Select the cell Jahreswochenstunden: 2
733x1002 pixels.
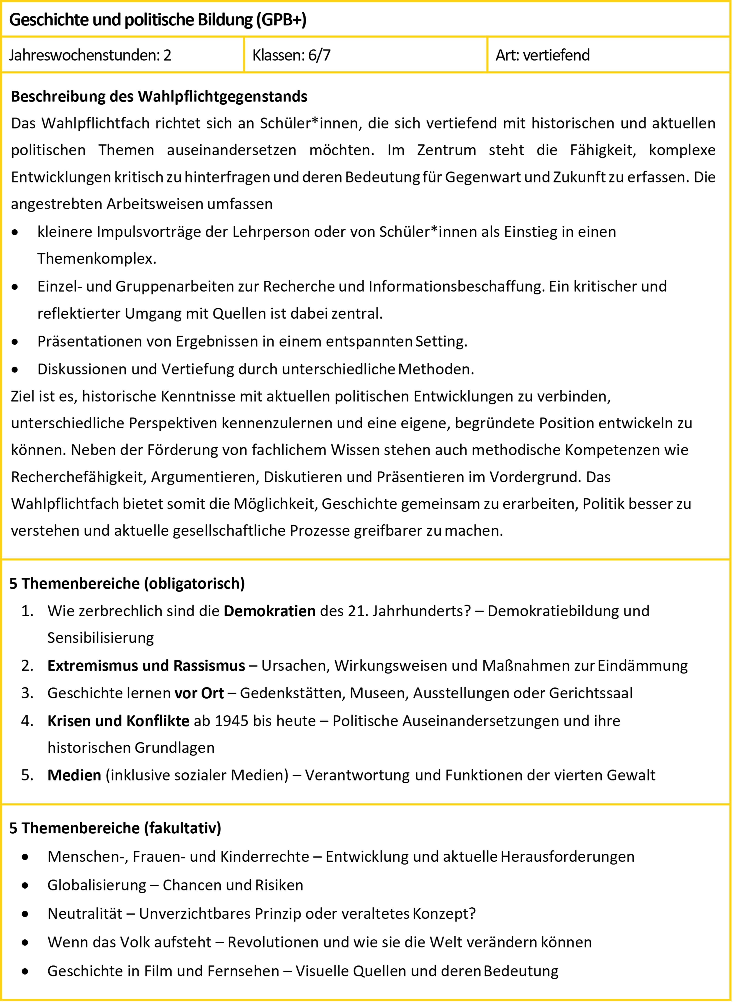[x=90, y=55]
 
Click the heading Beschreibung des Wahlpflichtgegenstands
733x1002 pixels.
[x=159, y=96]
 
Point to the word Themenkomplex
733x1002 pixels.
[x=97, y=258]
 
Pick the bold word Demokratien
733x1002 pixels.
[x=269, y=611]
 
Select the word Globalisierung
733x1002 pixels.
[x=97, y=885]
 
